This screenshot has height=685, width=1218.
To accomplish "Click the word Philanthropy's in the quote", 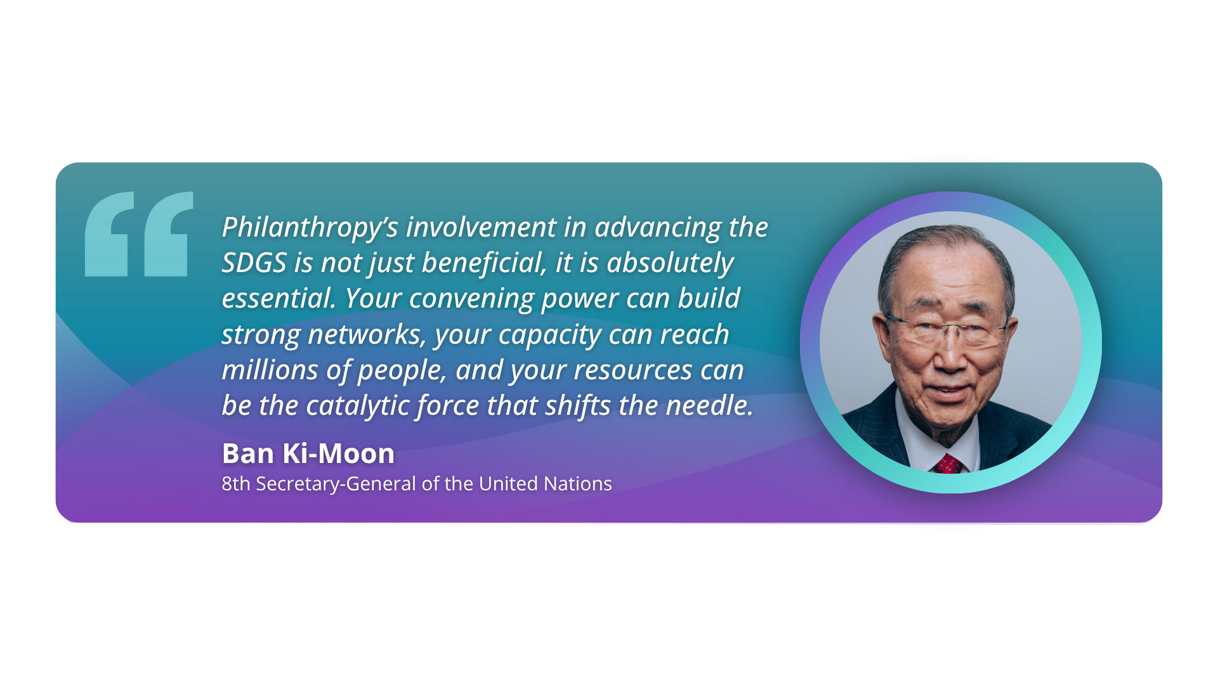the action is point(310,228).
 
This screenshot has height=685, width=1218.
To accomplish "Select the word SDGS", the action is point(254,263).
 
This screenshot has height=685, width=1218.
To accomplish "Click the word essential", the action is point(278,298).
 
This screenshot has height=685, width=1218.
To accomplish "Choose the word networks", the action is point(367,334).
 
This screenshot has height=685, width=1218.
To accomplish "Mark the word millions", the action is point(270,370).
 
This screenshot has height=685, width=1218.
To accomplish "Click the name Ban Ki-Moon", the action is point(308,453).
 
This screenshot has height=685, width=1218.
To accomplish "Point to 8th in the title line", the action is point(236,484).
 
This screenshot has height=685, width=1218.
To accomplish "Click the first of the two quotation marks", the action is point(110,234).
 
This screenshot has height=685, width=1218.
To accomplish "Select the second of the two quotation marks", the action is point(169,234).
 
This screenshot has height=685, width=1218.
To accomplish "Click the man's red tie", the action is point(948,464).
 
